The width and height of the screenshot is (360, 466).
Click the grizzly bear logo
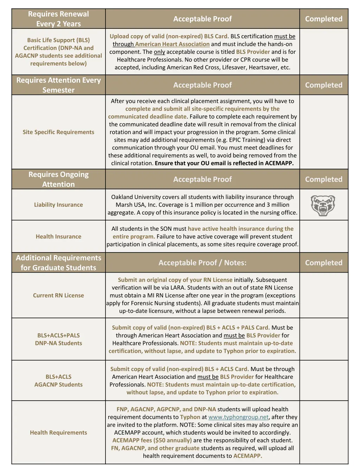point(323,205)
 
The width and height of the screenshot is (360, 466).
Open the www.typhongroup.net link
point(238,417)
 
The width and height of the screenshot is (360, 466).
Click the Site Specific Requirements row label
point(58,132)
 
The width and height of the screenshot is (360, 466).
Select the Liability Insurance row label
point(58,205)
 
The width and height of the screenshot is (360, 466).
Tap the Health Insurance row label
point(58,237)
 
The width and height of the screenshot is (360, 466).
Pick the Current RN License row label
point(58,295)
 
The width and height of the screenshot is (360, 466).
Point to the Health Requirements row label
point(58,433)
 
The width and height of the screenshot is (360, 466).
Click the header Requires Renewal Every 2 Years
point(58,19)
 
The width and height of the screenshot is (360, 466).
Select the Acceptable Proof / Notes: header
point(202,263)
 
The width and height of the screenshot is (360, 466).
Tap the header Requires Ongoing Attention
point(58,179)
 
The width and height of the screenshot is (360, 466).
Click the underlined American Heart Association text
point(172,44)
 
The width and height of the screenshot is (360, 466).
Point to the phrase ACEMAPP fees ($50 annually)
point(152,440)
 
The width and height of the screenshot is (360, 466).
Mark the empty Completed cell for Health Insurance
point(324,237)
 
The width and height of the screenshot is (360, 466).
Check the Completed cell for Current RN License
point(324,295)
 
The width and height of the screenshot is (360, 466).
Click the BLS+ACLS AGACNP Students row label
point(58,381)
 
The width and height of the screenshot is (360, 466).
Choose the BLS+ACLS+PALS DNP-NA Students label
point(58,339)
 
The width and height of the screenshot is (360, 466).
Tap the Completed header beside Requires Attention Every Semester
point(324,85)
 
